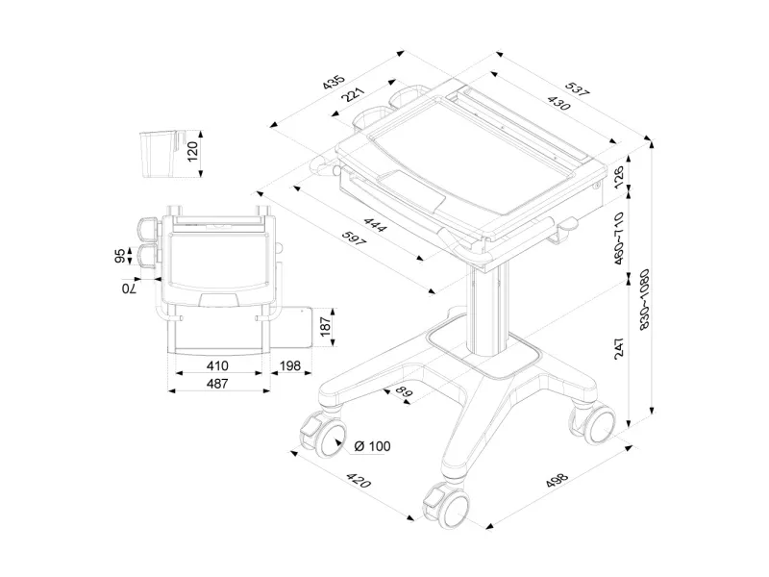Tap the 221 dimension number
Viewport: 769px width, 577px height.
[x=354, y=96]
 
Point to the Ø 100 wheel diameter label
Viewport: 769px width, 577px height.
[x=371, y=445]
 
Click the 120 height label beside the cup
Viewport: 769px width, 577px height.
[x=191, y=152]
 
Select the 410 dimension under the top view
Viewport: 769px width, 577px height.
[x=217, y=366]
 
